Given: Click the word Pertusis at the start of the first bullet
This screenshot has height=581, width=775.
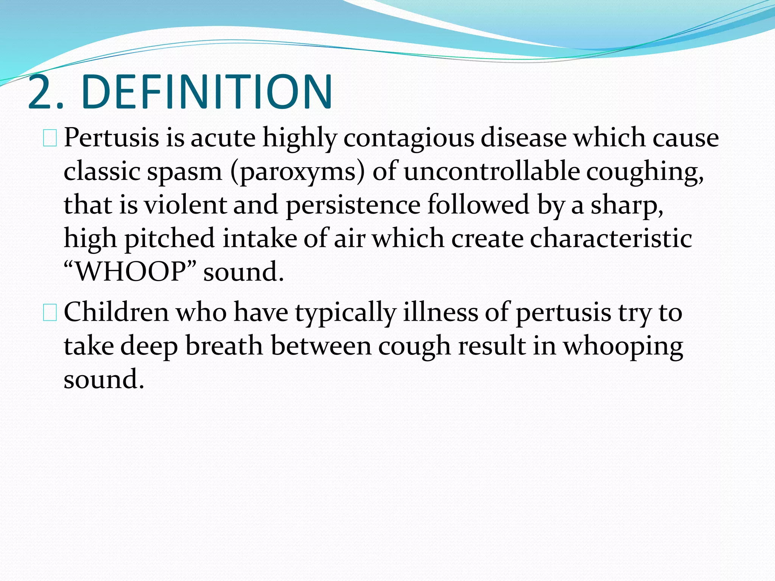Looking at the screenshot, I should [111, 138].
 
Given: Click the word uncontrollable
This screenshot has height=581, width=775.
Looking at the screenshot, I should [492, 171].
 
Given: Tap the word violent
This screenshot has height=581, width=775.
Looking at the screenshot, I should [185, 205].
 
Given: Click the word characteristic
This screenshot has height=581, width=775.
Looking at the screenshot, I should [611, 239].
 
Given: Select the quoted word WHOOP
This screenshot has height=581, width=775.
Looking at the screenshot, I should [131, 272].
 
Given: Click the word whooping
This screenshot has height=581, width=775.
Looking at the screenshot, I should [623, 347].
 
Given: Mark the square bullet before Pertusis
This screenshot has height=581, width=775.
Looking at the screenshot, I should [50, 139].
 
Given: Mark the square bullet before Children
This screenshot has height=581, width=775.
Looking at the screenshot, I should [50, 314].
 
